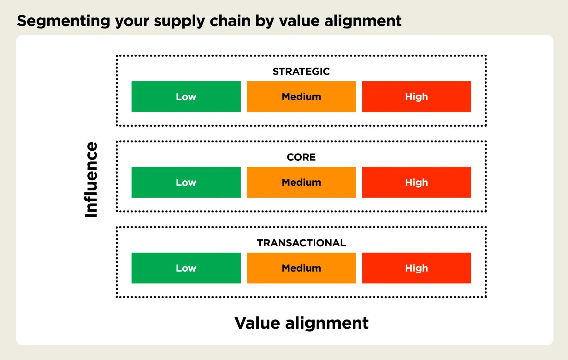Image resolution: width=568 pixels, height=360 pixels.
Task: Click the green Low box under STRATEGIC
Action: [x=186, y=97]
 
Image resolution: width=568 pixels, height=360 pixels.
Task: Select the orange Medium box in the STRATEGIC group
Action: [x=301, y=97]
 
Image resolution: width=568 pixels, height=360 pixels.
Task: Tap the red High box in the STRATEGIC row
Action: [x=416, y=97]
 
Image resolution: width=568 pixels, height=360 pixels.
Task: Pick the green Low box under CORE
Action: [x=186, y=182]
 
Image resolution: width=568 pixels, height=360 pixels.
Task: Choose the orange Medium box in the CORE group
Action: [x=301, y=182]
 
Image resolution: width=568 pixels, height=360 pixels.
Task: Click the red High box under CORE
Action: [x=416, y=182]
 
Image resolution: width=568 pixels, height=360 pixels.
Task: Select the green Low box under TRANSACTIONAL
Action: [x=186, y=268]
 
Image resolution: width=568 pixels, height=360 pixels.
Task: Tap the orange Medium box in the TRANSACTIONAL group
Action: [x=301, y=268]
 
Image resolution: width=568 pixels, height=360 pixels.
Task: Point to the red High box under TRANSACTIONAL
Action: [x=416, y=268]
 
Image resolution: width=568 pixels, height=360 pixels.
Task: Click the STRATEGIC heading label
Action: [x=301, y=71]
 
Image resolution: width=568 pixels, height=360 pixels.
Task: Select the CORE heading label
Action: [x=301, y=157]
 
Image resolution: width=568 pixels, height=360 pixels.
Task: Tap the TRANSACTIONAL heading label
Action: [x=301, y=243]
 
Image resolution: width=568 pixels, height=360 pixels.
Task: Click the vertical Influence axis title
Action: [x=91, y=179]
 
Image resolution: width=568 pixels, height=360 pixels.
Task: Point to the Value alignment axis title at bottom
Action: [x=301, y=323]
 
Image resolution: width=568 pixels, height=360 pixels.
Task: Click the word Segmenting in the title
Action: [x=63, y=21]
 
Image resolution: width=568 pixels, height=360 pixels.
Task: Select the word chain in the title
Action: [x=230, y=21]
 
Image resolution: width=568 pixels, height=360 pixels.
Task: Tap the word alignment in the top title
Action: [x=363, y=21]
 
